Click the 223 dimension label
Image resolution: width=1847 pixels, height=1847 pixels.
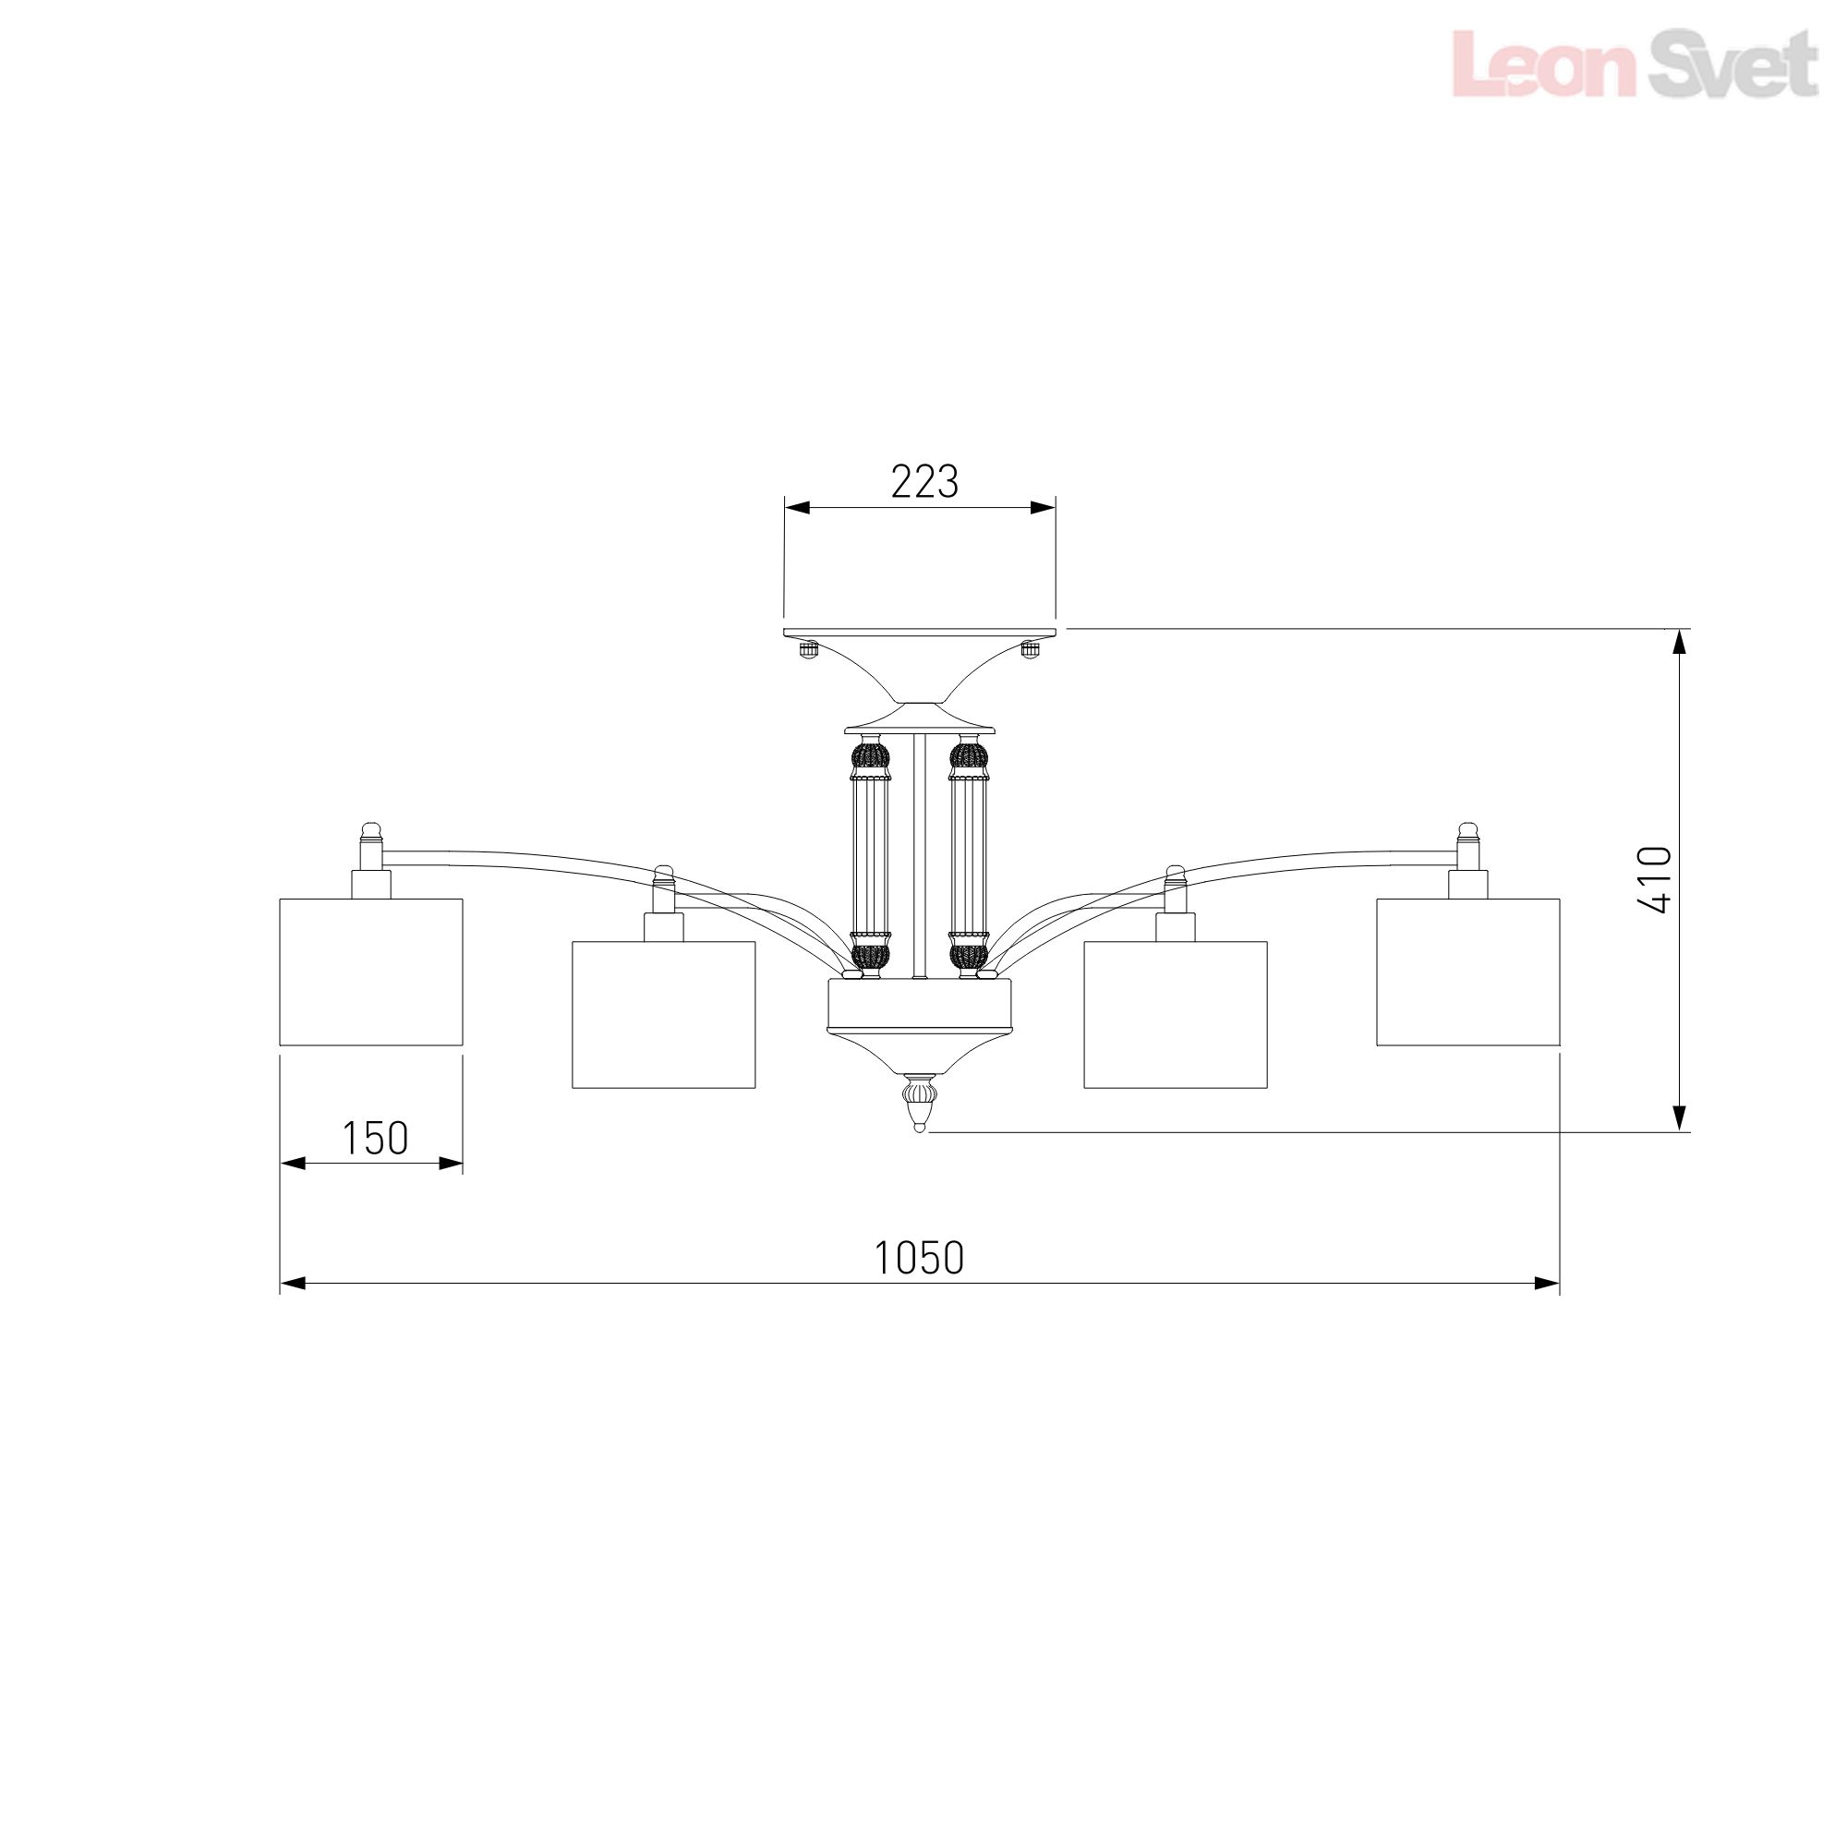click(x=924, y=483)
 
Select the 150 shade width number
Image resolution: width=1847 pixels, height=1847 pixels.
click(x=375, y=1139)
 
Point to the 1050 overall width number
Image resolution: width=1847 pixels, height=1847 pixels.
click(x=920, y=1258)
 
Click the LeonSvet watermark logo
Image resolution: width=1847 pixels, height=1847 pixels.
click(x=1635, y=63)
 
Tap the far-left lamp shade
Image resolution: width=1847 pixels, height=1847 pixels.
click(x=371, y=972)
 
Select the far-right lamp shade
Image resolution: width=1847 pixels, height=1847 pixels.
click(x=1467, y=972)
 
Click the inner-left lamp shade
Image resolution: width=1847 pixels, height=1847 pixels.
click(x=663, y=1015)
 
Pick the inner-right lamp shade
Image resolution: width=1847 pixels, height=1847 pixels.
click(x=1175, y=1015)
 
